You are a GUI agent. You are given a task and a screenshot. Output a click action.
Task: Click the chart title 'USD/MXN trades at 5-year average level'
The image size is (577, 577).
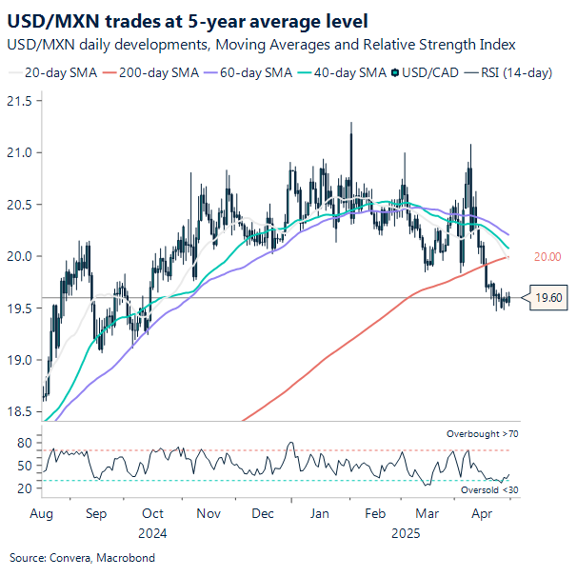coord(189,19)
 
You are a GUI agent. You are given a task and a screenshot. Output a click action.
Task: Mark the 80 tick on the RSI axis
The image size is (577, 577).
coord(25,443)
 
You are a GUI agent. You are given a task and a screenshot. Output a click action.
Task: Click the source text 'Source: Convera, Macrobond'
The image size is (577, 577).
coord(82,557)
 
